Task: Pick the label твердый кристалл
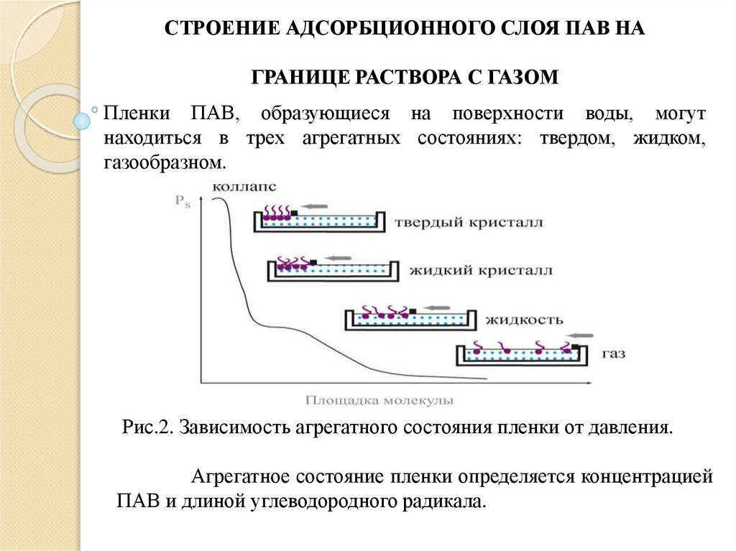point(468,223)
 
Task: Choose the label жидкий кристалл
point(481,271)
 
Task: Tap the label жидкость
point(523,318)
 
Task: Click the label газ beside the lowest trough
point(614,353)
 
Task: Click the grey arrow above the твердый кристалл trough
point(314,203)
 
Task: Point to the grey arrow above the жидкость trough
point(438,305)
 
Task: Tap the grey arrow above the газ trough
point(581,335)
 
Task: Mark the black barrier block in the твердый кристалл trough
point(294,213)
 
